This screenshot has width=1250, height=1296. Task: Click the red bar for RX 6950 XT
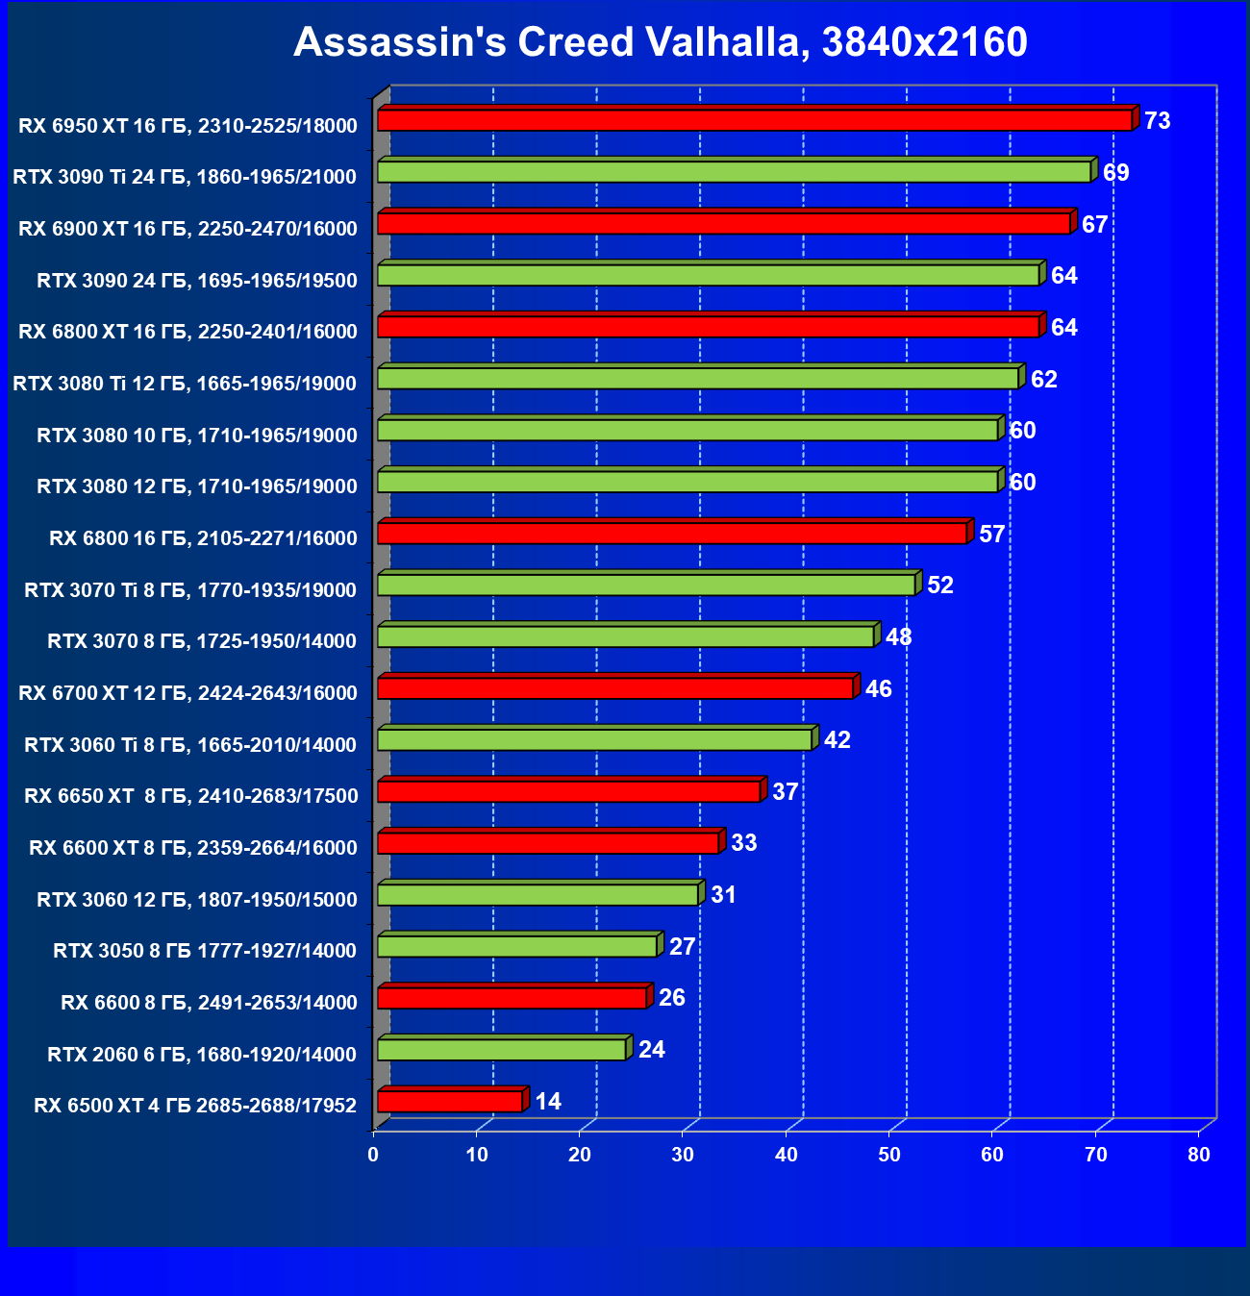pos(755,120)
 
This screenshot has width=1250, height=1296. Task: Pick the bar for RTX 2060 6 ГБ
pos(502,1049)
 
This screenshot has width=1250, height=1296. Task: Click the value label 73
pos(1158,121)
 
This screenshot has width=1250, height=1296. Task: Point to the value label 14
pos(548,1101)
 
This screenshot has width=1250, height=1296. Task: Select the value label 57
pos(992,534)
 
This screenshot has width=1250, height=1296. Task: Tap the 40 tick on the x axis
pos(787,1155)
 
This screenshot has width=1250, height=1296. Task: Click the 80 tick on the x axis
pos(1199,1155)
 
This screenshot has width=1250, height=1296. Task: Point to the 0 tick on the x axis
pos(374,1155)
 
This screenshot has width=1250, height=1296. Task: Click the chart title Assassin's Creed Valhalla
pos(661,42)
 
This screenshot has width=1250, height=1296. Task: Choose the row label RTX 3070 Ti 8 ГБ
pos(190,589)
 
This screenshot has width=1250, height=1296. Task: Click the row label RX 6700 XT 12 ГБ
pos(187,692)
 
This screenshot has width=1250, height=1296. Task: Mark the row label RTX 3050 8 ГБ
pos(205,951)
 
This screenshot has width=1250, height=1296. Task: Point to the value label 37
pos(786,791)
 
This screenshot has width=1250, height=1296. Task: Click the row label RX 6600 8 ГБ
pos(209,1003)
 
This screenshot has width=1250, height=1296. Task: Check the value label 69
pos(1116,173)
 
